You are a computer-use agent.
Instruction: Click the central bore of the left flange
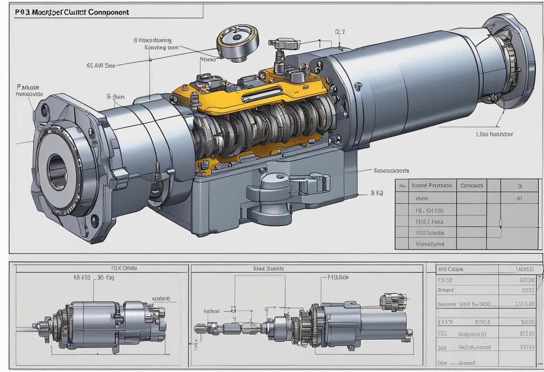point(57,170)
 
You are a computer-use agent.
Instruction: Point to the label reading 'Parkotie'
point(28,87)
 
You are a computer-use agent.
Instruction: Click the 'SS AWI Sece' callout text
point(100,65)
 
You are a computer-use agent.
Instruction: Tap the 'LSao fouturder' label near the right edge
point(494,134)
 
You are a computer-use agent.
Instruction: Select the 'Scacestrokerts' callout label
point(391,170)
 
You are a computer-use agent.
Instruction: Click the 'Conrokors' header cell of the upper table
point(472,186)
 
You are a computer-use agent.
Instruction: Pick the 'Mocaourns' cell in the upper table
point(430,244)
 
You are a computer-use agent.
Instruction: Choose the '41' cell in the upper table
point(519,198)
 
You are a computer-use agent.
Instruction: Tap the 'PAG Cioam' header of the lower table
point(450,269)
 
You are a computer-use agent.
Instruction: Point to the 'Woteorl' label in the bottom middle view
point(212,311)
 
